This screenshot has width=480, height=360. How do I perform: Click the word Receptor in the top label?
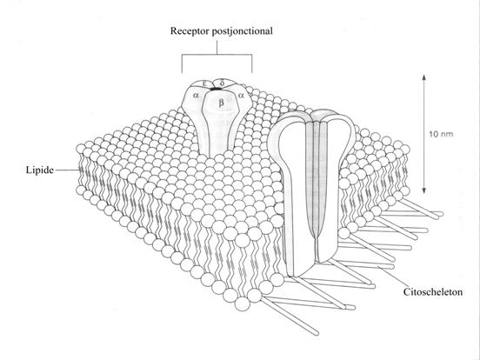(190, 31)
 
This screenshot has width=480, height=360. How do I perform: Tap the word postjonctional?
(243, 31)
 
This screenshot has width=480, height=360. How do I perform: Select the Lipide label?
(40, 170)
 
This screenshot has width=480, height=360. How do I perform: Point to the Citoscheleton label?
(433, 291)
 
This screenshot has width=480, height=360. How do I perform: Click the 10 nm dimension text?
(441, 134)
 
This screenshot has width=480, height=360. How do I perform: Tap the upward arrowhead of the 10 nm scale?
(424, 77)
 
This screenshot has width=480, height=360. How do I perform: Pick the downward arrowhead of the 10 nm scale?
(424, 190)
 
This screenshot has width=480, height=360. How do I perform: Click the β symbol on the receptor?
(222, 103)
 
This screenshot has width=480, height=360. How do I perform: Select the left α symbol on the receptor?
(196, 95)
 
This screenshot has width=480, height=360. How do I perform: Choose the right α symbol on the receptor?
(241, 95)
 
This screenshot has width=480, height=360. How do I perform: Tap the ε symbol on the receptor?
(204, 83)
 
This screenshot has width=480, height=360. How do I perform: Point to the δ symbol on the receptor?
(223, 83)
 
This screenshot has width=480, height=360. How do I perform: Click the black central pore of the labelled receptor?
(216, 89)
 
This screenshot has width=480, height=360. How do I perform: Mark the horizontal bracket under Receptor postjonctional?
(217, 55)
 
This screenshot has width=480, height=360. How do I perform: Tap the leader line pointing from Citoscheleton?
(393, 277)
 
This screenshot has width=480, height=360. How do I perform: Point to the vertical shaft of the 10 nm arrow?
(424, 134)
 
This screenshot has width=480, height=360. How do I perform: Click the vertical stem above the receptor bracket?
(217, 47)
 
